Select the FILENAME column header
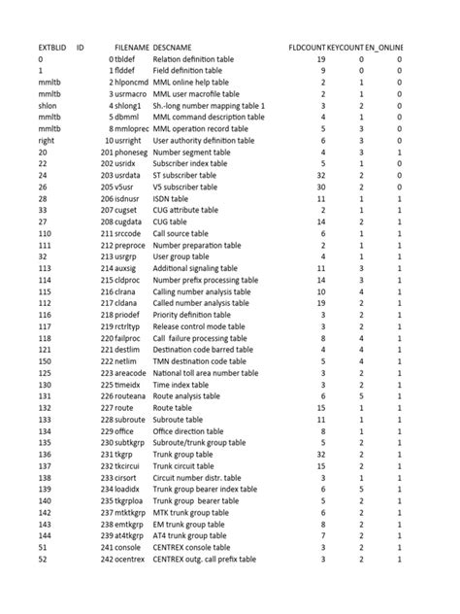tap(131, 47)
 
